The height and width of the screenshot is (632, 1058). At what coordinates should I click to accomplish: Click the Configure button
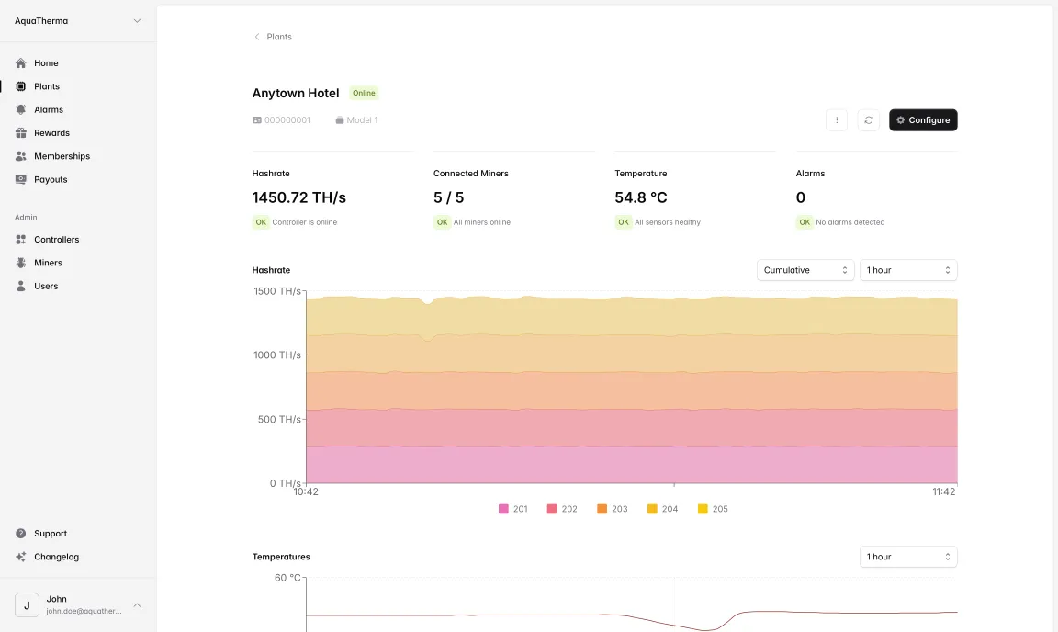923,120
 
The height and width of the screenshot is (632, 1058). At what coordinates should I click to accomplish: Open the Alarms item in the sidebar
48,109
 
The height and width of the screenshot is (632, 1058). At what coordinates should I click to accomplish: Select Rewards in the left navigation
51,133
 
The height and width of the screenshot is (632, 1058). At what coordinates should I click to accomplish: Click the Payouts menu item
51,180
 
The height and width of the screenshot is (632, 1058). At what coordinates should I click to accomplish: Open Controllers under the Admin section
56,240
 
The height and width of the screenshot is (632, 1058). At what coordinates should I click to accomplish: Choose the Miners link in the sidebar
48,263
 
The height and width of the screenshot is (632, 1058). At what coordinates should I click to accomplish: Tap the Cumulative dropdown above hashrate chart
805,270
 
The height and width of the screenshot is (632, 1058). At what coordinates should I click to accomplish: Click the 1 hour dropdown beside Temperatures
907,557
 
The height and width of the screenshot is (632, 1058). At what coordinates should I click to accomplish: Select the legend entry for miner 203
613,509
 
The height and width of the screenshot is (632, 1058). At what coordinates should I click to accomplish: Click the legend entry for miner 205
713,509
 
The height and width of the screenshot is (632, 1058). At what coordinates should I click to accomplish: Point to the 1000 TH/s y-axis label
277,355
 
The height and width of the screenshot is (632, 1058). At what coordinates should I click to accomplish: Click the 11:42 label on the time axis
944,492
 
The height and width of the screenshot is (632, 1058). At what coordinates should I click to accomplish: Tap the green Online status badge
364,93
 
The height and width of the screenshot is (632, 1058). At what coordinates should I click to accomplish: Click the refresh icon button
869,120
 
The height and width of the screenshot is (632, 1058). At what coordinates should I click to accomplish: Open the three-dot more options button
837,120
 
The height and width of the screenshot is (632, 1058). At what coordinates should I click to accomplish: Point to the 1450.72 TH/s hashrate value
298,197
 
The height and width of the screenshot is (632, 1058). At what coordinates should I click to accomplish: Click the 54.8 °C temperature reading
640,197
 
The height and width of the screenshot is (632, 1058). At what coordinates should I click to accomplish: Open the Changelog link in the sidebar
56,557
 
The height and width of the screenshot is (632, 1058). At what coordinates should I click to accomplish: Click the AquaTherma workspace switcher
77,21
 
